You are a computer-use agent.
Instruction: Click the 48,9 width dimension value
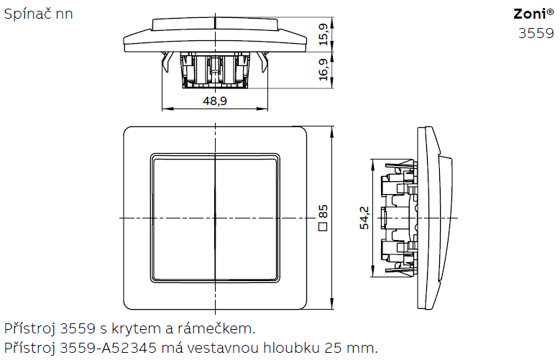coord(215,101)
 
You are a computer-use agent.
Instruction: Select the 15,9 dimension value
coord(323,34)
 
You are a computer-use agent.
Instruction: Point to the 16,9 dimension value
coord(323,70)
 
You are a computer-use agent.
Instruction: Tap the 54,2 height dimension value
coord(364,218)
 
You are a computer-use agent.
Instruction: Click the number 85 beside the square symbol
coord(323,211)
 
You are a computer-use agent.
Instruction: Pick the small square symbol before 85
coord(323,226)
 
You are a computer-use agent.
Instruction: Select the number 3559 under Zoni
coord(536,34)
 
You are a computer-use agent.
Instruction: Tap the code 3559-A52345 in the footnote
coord(109,347)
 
